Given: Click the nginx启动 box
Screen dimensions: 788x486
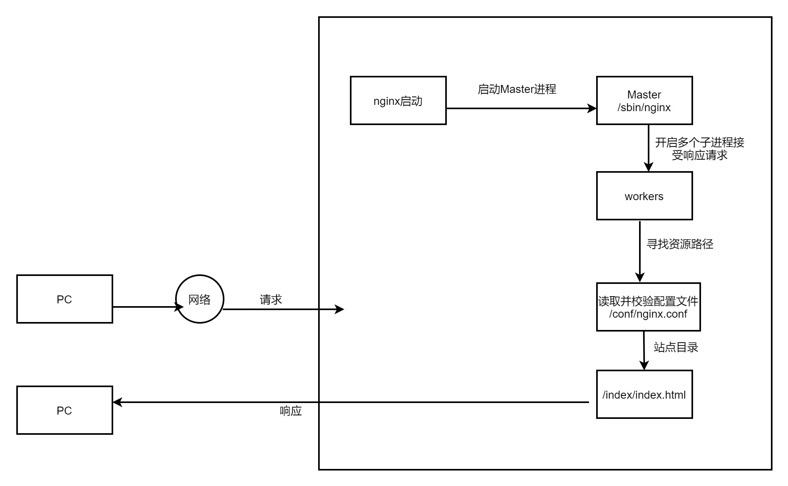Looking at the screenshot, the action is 398,100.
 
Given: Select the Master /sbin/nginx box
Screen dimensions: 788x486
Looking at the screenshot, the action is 645,100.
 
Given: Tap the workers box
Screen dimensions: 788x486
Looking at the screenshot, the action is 645,196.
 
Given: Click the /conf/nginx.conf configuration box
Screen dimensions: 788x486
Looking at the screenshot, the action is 648,307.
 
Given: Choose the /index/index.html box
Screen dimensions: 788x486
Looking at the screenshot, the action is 645,394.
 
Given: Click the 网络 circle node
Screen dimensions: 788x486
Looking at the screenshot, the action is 200,299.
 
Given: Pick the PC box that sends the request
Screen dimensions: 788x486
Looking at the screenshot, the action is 65,299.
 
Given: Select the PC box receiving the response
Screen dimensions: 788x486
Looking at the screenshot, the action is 65,410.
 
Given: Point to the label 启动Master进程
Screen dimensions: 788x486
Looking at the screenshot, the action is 517,89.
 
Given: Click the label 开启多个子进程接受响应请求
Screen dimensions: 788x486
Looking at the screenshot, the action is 699,149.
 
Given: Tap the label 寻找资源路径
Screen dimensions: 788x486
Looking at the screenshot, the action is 680,244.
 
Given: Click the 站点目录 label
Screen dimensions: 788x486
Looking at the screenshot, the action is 676,347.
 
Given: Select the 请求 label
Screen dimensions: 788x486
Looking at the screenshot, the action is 271,299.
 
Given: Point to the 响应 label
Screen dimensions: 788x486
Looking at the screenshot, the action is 291,411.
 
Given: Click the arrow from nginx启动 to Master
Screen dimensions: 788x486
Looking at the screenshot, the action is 521,108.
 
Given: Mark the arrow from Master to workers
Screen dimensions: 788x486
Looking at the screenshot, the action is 649,148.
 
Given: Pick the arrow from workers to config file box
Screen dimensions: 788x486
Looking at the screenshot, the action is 640,252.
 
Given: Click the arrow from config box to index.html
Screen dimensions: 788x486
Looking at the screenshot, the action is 644,351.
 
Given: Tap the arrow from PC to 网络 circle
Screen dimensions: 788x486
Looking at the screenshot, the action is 149,307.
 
